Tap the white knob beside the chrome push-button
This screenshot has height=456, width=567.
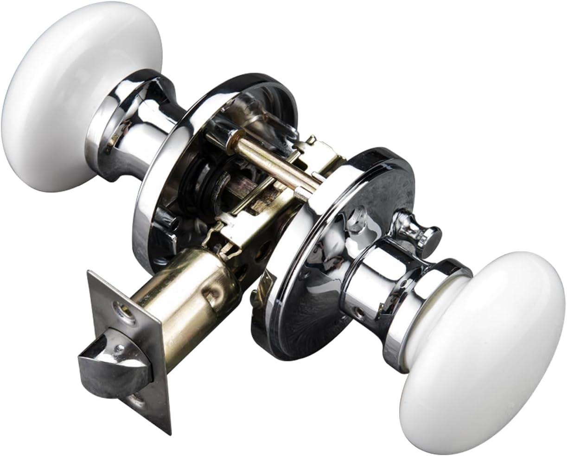484,352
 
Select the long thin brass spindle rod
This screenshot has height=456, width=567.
269,162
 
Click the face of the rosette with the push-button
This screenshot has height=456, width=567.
315,287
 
